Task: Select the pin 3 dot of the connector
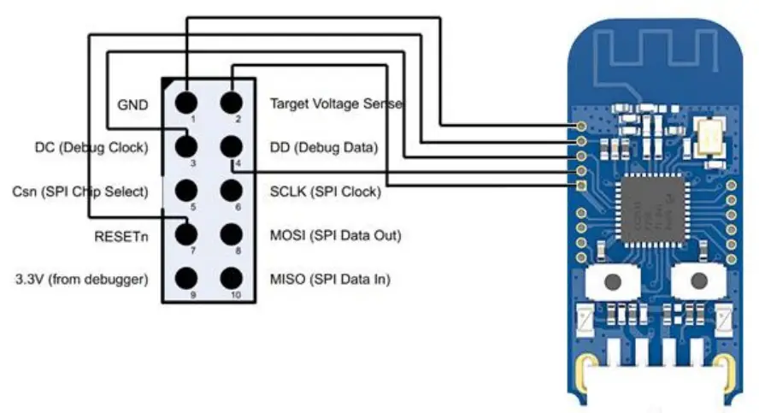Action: tap(187, 146)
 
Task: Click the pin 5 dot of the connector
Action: tap(187, 190)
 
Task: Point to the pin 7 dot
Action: tap(187, 233)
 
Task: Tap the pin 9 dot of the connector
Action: tap(187, 277)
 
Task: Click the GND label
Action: tap(132, 104)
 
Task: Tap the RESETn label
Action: tap(121, 235)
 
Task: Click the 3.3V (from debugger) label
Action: tap(81, 279)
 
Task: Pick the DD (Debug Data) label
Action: tap(323, 147)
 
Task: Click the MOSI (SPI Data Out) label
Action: tap(335, 235)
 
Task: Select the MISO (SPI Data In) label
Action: tap(330, 279)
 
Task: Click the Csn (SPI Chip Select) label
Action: tap(81, 191)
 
